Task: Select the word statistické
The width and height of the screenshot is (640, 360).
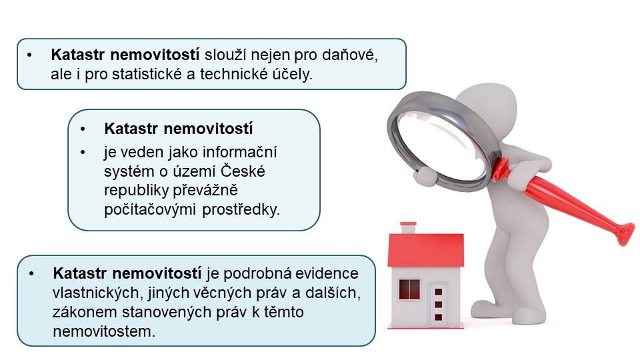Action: tap(153, 74)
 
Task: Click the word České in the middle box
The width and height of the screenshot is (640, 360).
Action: tap(243, 171)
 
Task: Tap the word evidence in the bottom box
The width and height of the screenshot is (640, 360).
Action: tap(327, 273)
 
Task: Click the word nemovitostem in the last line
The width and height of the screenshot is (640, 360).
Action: tap(104, 331)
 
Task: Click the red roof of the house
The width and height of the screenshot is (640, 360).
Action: tap(426, 250)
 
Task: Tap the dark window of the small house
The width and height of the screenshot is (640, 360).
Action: tap(409, 289)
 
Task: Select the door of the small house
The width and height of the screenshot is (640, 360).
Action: tap(439, 304)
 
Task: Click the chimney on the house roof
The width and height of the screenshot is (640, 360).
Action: tap(408, 227)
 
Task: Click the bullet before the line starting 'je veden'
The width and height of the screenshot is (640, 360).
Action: tap(83, 152)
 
